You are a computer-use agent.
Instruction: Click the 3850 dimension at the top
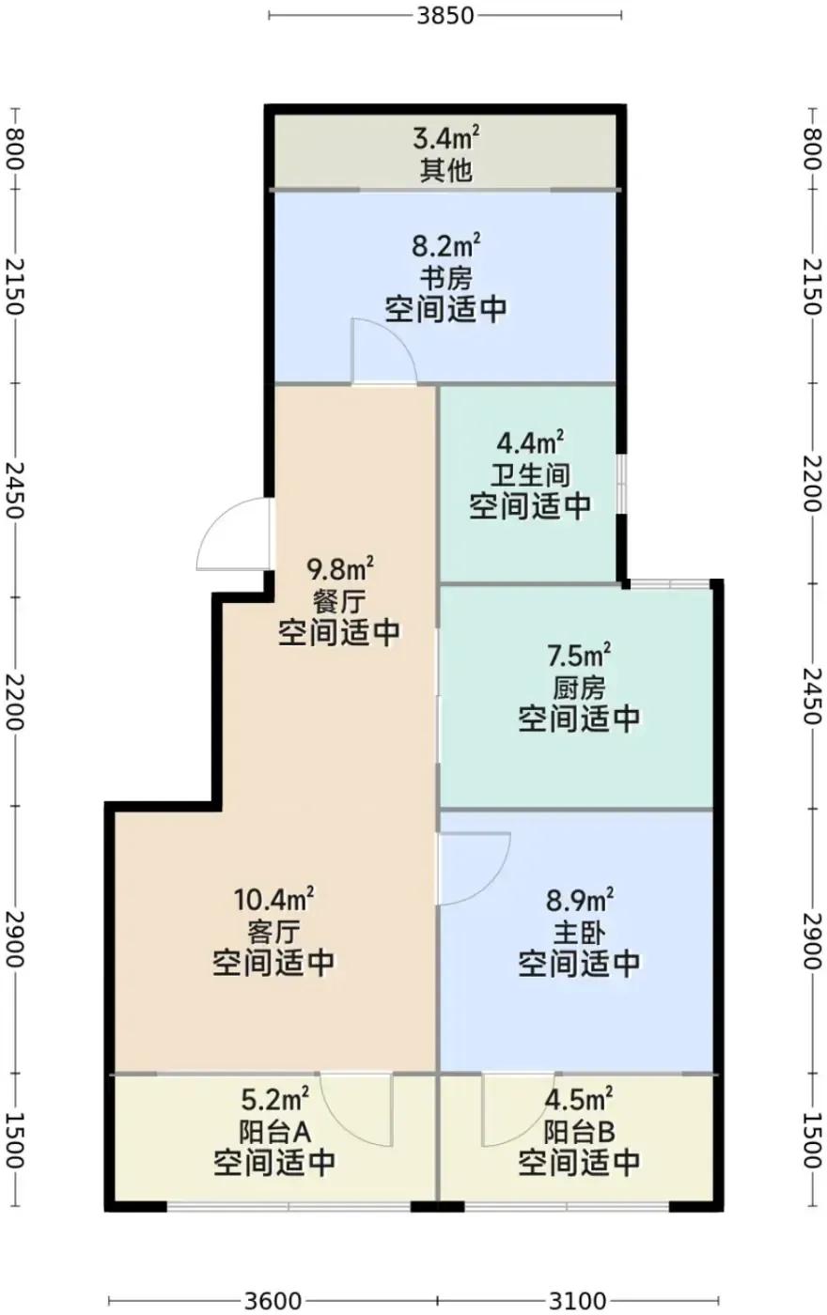pyautogui.click(x=445, y=15)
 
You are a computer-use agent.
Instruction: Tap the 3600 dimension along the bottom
pyautogui.click(x=273, y=1300)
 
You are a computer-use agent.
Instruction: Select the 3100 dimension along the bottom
pyautogui.click(x=578, y=1300)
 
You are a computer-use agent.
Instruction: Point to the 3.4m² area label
pyautogui.click(x=445, y=139)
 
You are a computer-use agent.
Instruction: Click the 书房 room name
pyautogui.click(x=445, y=278)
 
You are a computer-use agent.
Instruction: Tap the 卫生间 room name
pyautogui.click(x=530, y=475)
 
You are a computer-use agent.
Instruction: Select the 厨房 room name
pyautogui.click(x=579, y=688)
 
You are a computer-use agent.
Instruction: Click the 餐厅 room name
pyautogui.click(x=339, y=601)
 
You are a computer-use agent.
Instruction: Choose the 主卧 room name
pyautogui.click(x=579, y=932)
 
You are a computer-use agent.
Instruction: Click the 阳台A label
pyautogui.click(x=274, y=1131)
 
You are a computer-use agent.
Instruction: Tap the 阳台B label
pyautogui.click(x=579, y=1131)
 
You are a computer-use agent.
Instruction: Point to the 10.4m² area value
pyautogui.click(x=273, y=900)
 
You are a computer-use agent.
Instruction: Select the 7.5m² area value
pyautogui.click(x=579, y=656)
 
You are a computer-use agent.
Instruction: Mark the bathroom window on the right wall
pyautogui.click(x=621, y=485)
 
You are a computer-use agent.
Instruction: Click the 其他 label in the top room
pyautogui.click(x=445, y=170)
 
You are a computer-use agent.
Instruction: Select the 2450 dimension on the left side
pyautogui.click(x=15, y=489)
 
